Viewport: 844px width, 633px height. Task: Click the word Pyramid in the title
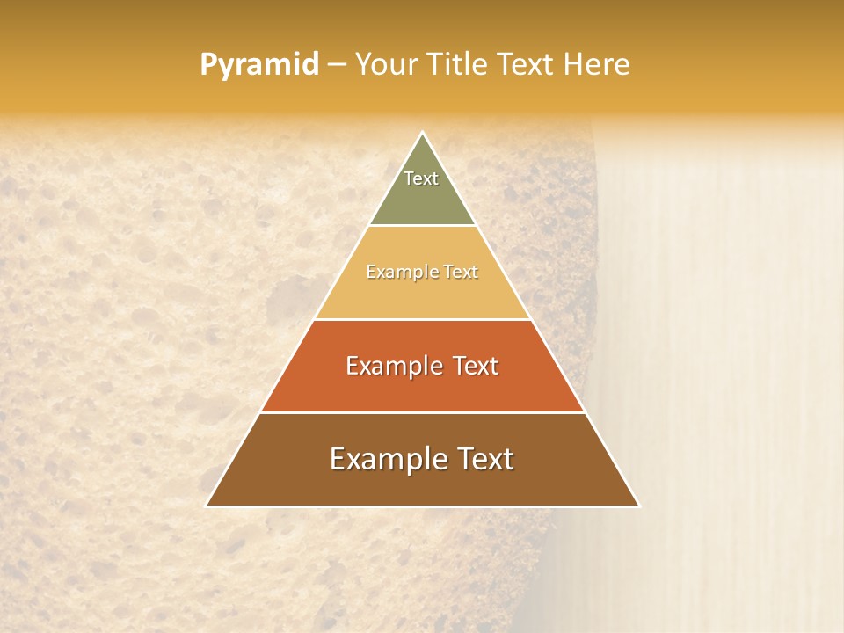click(x=258, y=65)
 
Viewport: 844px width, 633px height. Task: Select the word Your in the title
click(x=385, y=64)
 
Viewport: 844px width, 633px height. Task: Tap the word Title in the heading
click(x=461, y=64)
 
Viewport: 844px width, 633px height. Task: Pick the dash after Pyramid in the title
click(x=336, y=65)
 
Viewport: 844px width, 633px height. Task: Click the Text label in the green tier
click(x=421, y=178)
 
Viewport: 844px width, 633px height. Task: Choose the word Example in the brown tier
click(x=383, y=459)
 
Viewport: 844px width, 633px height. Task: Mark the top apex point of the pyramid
click(x=422, y=133)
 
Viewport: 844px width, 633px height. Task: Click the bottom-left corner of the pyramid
click(x=207, y=506)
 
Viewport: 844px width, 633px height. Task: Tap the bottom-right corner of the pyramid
click(x=638, y=506)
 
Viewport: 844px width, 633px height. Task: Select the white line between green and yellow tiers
click(x=422, y=226)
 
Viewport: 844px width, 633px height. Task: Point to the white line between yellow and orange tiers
click(x=422, y=319)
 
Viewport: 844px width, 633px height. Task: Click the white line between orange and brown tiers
click(x=422, y=412)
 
